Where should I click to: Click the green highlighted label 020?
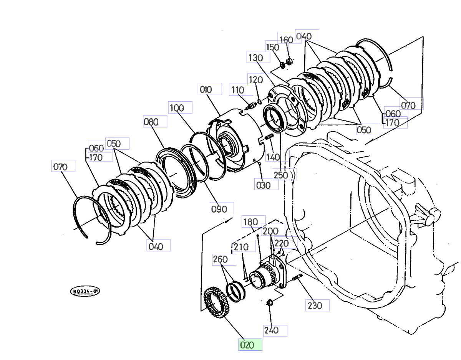coord(250,345)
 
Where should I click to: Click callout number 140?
coord(273,157)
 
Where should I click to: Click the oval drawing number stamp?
coord(85,291)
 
